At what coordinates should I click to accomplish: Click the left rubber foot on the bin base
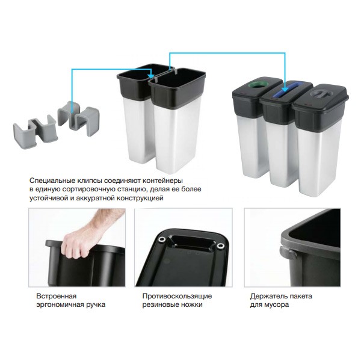(x=162, y=240)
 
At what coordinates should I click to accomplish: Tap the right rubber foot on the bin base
(x=220, y=246)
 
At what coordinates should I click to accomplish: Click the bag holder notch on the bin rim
(x=285, y=253)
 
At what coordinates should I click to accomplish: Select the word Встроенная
(x=56, y=296)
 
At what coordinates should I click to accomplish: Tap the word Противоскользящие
(x=177, y=296)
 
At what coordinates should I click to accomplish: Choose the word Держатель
(x=268, y=296)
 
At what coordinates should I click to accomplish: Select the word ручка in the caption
(x=96, y=305)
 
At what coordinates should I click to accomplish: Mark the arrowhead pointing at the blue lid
(x=285, y=88)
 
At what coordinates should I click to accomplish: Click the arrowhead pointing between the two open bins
(x=151, y=76)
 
